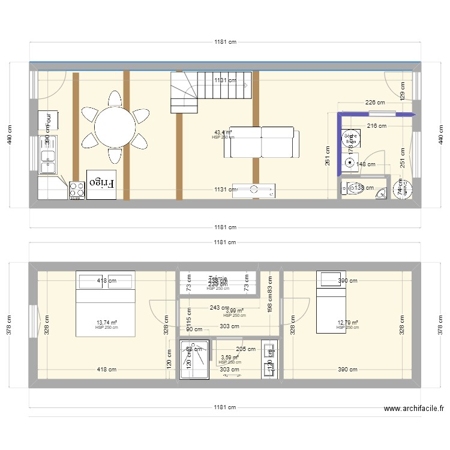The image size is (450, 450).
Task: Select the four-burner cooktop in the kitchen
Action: coord(77,190)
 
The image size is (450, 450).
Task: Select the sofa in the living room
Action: coord(262,142)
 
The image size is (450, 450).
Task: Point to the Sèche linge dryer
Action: coord(403,190)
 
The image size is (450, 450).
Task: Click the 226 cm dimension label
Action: coord(377,103)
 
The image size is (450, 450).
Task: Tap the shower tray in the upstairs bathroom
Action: coord(195,359)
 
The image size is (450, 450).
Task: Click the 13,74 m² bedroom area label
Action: coord(107,323)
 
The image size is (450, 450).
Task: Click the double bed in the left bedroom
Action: coord(105,305)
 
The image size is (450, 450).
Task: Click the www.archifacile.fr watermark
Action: coord(413,409)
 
